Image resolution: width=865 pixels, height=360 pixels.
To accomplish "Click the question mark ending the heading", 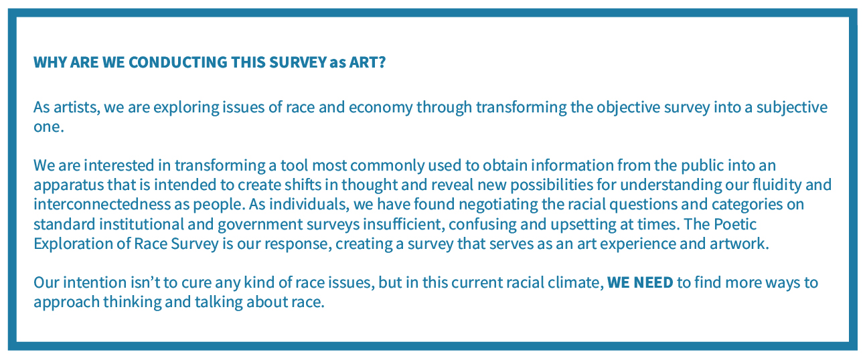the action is [382, 62].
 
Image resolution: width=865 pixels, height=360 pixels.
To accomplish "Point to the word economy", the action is [381, 108].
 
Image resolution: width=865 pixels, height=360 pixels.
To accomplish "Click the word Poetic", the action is [735, 224].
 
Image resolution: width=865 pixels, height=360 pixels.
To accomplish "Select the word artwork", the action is [739, 244].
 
